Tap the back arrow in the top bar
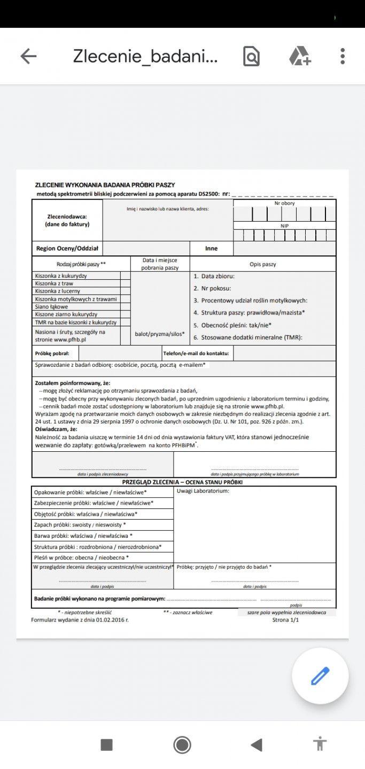pyautogui.click(x=28, y=56)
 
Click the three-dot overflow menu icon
pyautogui.click(x=343, y=56)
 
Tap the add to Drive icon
pyautogui.click(x=300, y=56)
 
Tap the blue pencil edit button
pyautogui.click(x=320, y=676)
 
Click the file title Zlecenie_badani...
pyautogui.click(x=145, y=56)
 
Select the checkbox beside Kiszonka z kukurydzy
pyautogui.click(x=126, y=276)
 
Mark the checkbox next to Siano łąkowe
pyautogui.click(x=126, y=307)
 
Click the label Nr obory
pyautogui.click(x=284, y=203)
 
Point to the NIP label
pyautogui.click(x=284, y=226)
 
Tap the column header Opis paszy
pyautogui.click(x=263, y=264)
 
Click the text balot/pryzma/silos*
pyautogui.click(x=160, y=334)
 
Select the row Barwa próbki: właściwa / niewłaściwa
pyautogui.click(x=83, y=536)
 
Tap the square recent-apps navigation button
pyautogui.click(x=107, y=744)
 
